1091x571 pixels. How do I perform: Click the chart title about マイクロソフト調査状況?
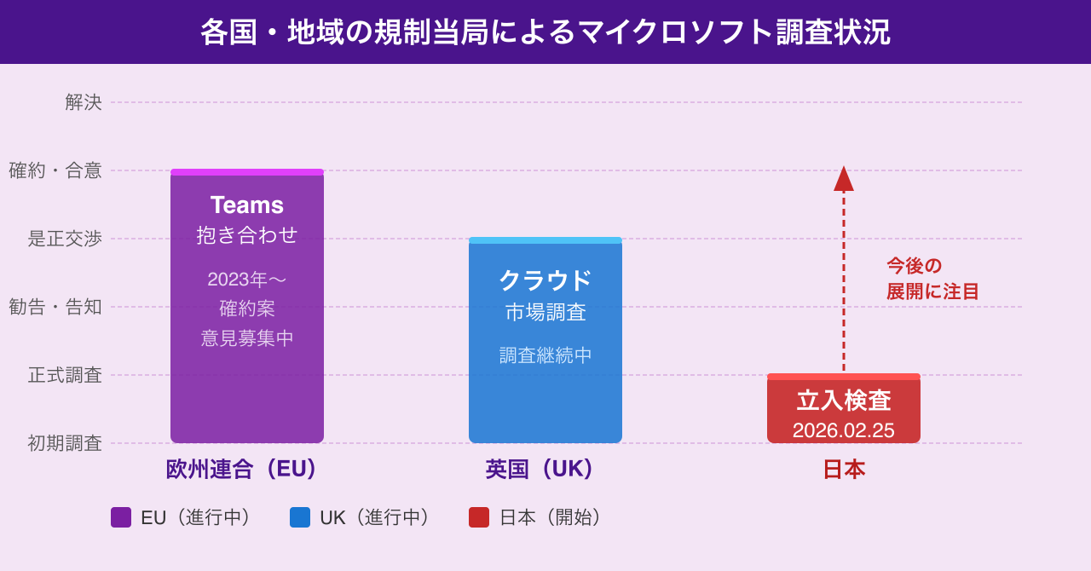(545, 32)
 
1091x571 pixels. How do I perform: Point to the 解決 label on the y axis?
(84, 102)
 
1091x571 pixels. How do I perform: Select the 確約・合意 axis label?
(55, 170)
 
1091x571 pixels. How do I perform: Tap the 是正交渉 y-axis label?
(65, 239)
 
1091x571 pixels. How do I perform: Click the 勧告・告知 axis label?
(55, 307)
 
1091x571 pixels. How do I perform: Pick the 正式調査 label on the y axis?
(65, 375)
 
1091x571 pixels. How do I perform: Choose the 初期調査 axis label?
(65, 443)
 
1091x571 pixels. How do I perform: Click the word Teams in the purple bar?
(247, 205)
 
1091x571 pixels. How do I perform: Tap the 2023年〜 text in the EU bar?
(247, 280)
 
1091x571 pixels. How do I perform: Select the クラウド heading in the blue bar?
(545, 280)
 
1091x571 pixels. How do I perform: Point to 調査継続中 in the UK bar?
(545, 355)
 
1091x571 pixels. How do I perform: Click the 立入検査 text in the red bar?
(844, 401)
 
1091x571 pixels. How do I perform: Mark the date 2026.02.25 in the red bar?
(844, 430)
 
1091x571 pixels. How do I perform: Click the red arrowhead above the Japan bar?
(844, 179)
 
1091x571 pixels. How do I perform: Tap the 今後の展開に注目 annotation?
(932, 279)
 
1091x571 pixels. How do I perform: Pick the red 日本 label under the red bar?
(844, 469)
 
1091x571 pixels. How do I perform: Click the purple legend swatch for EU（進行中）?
(121, 517)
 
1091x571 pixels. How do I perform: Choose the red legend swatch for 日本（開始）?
(479, 517)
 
